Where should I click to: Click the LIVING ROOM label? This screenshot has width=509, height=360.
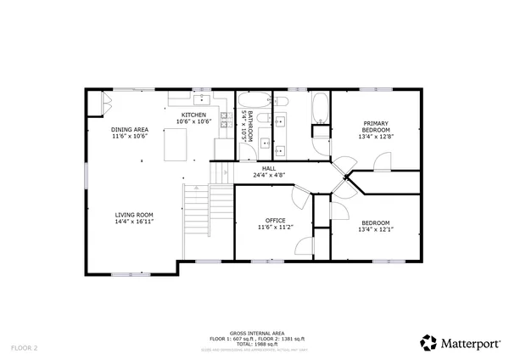(x=134, y=215)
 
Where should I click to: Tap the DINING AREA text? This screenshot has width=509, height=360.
(x=130, y=129)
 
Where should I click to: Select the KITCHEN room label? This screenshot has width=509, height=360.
(x=193, y=115)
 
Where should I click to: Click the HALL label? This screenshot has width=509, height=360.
(x=268, y=168)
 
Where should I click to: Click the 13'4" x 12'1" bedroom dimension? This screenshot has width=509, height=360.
(x=374, y=230)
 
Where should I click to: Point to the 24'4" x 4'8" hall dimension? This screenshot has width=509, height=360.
(x=268, y=175)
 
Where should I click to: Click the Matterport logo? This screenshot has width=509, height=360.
(x=451, y=342)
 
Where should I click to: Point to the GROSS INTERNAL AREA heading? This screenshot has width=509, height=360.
(x=256, y=333)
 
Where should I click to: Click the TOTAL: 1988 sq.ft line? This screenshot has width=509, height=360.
(x=256, y=343)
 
